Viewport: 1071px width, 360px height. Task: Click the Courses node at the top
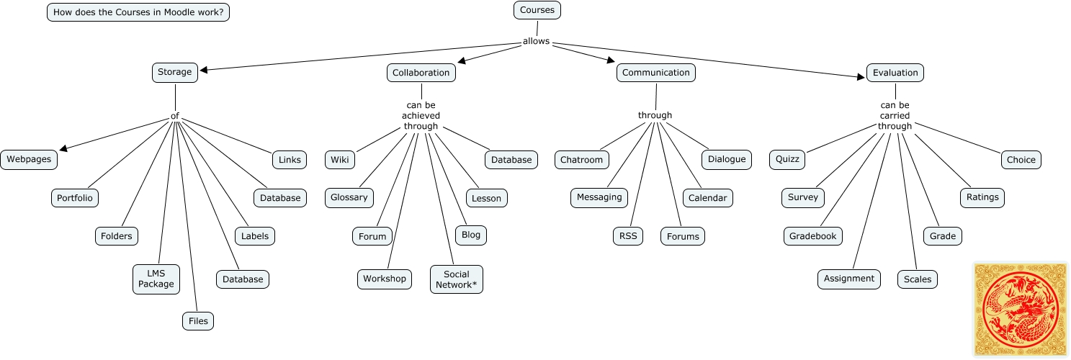[x=537, y=10]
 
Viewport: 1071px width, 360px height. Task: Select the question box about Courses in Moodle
[x=138, y=12]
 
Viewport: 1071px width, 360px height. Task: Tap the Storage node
[x=175, y=72]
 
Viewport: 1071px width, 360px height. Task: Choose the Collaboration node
[x=421, y=73]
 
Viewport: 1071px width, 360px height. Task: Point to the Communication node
[x=656, y=73]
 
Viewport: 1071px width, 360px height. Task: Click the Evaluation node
[x=895, y=73]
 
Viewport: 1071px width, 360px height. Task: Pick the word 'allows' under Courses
[x=536, y=41]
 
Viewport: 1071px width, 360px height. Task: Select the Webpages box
[x=29, y=159]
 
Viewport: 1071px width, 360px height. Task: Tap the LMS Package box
[x=156, y=279]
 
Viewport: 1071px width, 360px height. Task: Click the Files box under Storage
[x=198, y=321]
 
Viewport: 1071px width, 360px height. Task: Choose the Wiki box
[x=340, y=160]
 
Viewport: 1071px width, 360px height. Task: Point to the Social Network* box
[x=457, y=279]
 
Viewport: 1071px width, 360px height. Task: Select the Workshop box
[x=385, y=279]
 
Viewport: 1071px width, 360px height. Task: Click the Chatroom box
[x=581, y=160]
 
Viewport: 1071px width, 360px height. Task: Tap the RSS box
[x=628, y=236]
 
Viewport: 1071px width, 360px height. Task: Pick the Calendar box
[x=707, y=198]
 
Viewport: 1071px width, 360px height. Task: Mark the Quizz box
[x=787, y=160]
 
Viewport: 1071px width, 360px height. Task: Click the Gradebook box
[x=813, y=236]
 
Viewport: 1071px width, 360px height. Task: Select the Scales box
[x=918, y=279]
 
